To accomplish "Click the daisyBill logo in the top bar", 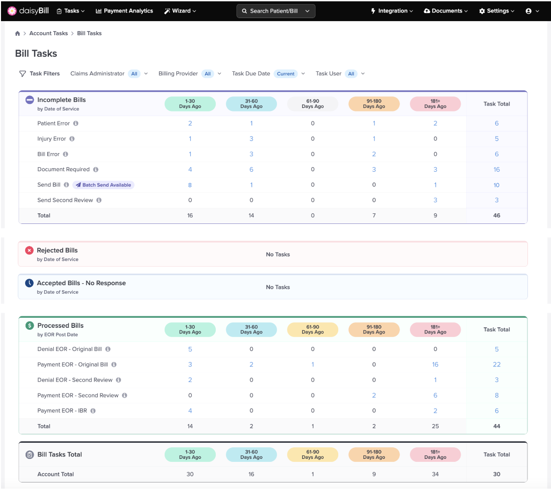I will click(x=28, y=11).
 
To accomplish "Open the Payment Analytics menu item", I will click(x=124, y=11).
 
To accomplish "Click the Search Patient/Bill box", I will click(x=275, y=11).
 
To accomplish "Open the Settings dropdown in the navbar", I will click(x=496, y=11).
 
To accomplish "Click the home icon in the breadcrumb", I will click(x=18, y=33).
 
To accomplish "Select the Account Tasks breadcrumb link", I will click(x=48, y=33).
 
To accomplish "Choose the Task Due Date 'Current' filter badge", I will click(x=286, y=74).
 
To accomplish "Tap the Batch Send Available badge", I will click(x=104, y=185).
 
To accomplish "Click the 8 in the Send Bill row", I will click(x=190, y=185).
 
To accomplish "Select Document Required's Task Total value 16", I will click(x=496, y=170).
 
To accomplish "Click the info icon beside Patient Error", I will click(x=76, y=124).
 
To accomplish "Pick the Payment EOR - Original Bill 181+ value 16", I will click(x=435, y=364).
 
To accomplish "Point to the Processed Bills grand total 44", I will click(x=496, y=426).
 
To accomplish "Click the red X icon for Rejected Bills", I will click(x=29, y=250).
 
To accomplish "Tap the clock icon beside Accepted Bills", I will click(x=29, y=283).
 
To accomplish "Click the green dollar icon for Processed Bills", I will click(x=30, y=325).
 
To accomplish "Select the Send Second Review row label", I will click(x=65, y=200).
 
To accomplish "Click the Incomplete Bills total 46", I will click(x=496, y=215).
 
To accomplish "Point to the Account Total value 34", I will click(x=435, y=474).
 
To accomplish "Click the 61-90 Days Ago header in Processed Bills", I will click(x=313, y=329).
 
